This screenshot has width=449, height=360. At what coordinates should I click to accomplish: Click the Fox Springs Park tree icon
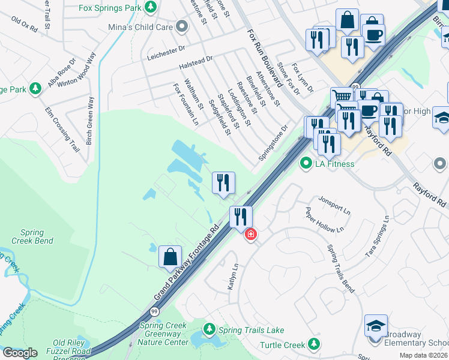click(151, 7)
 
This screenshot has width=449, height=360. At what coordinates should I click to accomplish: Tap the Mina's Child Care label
click(140, 28)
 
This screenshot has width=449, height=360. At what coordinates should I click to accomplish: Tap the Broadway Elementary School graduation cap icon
click(376, 326)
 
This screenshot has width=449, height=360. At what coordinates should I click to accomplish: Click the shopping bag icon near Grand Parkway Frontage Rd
click(170, 256)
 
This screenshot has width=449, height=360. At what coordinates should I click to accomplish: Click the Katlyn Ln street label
click(232, 277)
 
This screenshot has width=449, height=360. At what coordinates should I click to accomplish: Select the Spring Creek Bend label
click(32, 236)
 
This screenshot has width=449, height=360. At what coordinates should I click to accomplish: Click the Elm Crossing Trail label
click(62, 129)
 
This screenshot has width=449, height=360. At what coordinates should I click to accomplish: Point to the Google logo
click(20, 353)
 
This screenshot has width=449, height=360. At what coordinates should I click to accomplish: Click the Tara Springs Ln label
click(378, 238)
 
